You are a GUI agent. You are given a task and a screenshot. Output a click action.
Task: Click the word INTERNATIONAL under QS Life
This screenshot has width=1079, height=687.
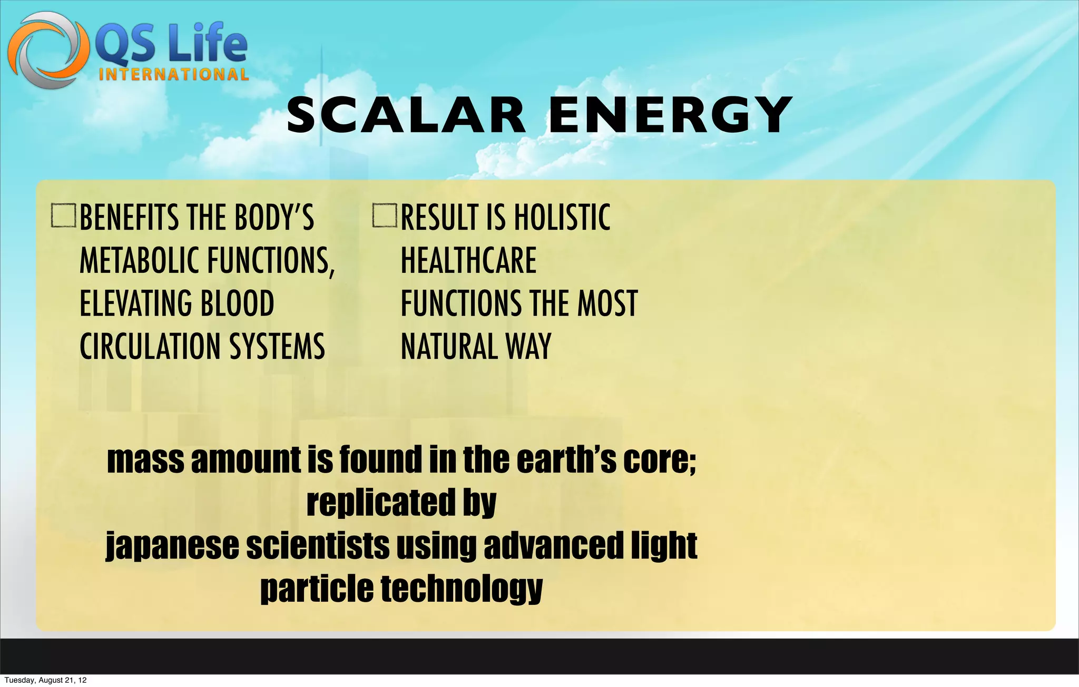click(x=173, y=74)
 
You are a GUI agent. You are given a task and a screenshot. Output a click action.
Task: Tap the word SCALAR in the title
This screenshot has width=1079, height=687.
click(x=406, y=115)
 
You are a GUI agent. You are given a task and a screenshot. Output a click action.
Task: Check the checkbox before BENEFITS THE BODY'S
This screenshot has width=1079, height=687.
click(x=64, y=216)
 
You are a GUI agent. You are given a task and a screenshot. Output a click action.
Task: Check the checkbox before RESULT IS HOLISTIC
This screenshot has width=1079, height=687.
click(x=385, y=216)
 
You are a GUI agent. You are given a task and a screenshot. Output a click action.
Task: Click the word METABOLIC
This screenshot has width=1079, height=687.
click(x=140, y=260)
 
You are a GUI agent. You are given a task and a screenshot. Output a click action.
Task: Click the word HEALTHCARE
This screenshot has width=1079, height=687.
click(x=468, y=260)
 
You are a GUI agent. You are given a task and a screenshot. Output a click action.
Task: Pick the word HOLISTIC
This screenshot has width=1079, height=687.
click(x=562, y=217)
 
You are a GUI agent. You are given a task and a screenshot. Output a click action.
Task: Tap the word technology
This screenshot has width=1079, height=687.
click(x=462, y=589)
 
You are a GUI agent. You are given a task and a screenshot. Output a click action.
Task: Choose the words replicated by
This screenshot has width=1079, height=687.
click(x=401, y=503)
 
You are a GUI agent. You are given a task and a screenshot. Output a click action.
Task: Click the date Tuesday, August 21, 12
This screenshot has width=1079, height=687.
click(x=45, y=680)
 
